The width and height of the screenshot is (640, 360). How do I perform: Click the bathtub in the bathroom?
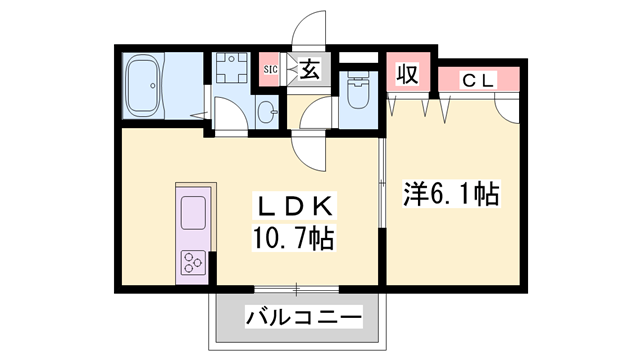pos(142,86)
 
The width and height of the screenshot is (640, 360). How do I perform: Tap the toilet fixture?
pos(358,91)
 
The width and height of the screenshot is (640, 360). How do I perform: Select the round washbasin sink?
pos(267,111)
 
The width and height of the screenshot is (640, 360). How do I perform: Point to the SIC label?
pos(270,69)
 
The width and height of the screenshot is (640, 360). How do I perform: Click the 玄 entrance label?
pos(309,69)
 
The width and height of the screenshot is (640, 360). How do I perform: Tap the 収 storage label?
pos(408,74)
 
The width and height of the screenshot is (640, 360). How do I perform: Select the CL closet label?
pos(478,81)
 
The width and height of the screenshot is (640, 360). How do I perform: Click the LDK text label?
pos(294,207)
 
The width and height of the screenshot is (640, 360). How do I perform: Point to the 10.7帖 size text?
pos(294,238)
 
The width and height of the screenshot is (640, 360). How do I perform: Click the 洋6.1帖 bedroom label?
pos(451,194)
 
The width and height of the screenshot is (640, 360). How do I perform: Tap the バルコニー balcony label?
pos(304,317)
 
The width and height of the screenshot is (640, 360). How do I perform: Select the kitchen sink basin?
pos(193,212)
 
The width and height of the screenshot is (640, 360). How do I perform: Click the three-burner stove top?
pos(193,262)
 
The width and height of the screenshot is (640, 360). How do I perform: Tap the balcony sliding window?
pos(297,289)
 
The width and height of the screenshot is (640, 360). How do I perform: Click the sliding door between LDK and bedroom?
pos(382,182)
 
